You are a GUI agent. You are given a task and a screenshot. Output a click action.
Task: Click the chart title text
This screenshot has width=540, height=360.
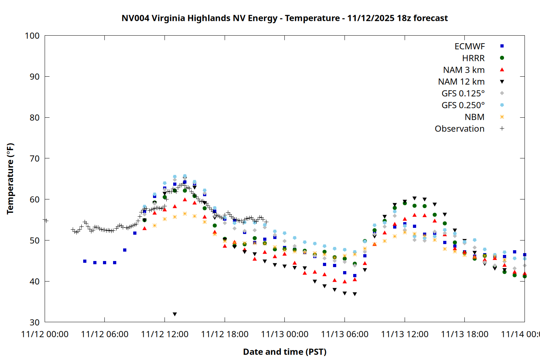[284, 18]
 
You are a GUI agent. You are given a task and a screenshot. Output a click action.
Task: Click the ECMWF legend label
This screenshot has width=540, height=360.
[469, 46]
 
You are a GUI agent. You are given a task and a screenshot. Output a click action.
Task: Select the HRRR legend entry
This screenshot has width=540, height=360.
[473, 58]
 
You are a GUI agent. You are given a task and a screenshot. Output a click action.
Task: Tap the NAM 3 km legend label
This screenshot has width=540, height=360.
[464, 70]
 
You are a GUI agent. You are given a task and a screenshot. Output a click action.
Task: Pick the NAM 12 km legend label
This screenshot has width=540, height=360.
[461, 82]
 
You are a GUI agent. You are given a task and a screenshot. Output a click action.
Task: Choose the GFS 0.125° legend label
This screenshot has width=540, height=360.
[463, 94]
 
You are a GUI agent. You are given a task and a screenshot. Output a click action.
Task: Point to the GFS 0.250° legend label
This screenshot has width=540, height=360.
[463, 105]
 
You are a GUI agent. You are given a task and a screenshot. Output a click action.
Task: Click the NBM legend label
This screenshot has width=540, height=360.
[474, 117]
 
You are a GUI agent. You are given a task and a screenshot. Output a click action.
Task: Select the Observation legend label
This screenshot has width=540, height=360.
[459, 129]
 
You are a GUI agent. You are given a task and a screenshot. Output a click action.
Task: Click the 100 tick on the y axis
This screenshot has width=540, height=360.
[32, 36]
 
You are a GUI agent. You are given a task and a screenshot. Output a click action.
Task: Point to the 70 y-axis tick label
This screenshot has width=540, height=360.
[35, 158]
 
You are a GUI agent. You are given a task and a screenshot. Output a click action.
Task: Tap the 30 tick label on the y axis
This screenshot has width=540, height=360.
[35, 322]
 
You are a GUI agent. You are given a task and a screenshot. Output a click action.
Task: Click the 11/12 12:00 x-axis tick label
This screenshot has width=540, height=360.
[165, 334]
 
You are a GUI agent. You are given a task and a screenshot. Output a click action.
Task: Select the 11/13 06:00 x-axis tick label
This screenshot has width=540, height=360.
[345, 334]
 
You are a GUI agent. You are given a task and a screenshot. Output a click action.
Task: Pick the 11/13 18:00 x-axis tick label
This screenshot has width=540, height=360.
[464, 334]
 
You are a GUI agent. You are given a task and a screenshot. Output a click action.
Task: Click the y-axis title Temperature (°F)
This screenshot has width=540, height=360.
[10, 179]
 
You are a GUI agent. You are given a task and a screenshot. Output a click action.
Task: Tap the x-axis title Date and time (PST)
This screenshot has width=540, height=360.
[284, 352]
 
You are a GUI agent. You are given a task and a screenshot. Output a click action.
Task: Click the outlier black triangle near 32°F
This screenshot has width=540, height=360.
[175, 314]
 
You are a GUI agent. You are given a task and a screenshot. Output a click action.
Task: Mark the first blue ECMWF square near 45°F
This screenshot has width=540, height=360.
[85, 261]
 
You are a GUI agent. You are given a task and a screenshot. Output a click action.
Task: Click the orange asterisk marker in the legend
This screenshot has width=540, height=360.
[502, 117]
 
